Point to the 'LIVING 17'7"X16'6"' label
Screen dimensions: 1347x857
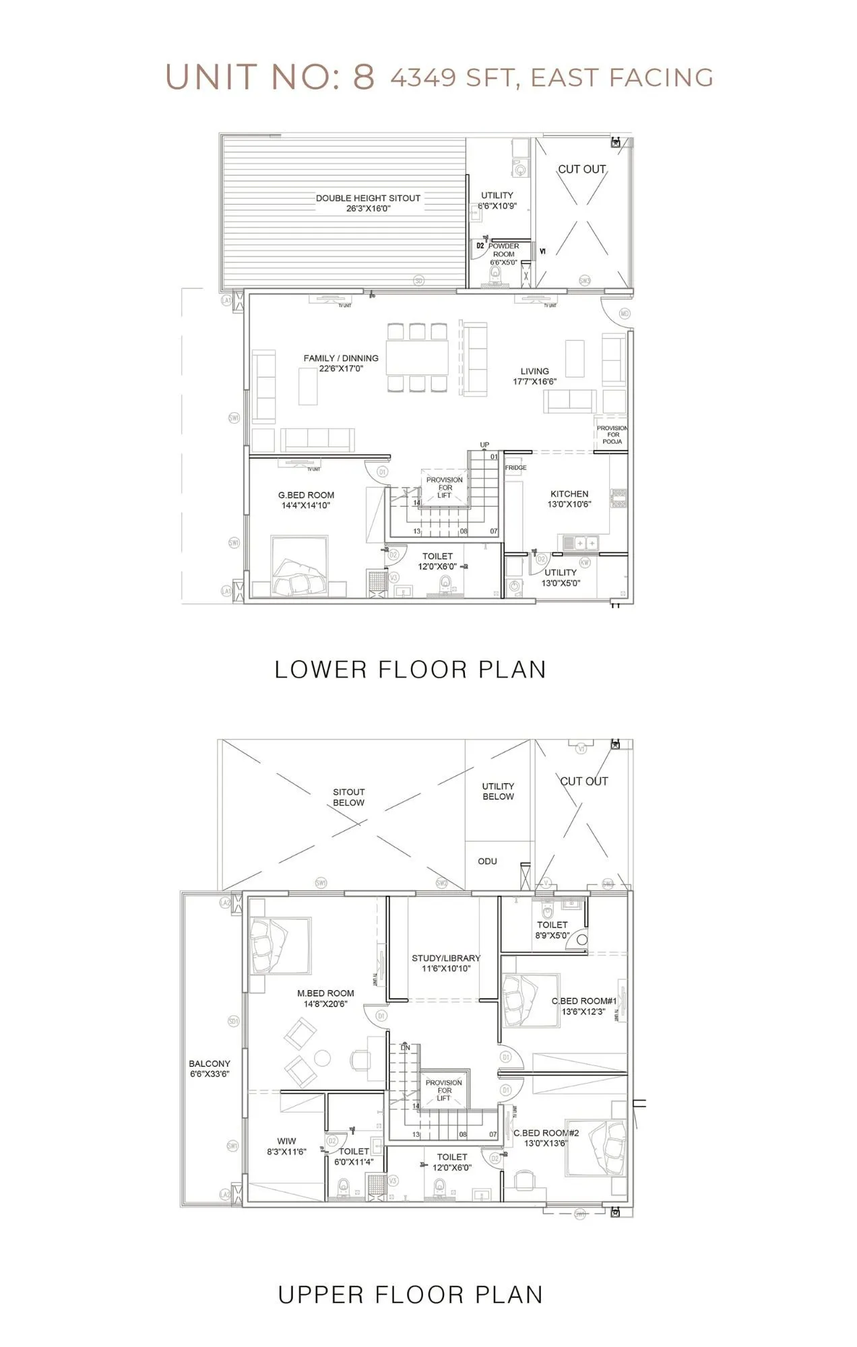[534, 376]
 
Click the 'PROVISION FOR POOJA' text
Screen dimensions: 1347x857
[612, 434]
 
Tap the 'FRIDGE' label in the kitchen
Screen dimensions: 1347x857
[515, 467]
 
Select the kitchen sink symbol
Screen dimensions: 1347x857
[580, 542]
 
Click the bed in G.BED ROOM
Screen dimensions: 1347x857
[300, 566]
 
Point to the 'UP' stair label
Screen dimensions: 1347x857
[484, 445]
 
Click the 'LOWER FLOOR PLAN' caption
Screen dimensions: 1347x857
[410, 669]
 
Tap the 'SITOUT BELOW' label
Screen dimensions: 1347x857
[348, 797]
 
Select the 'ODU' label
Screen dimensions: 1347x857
[487, 861]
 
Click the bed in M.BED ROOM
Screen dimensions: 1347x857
[280, 945]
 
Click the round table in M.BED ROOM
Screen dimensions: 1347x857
[323, 1058]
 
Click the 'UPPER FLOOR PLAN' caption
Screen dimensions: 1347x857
[410, 1294]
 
